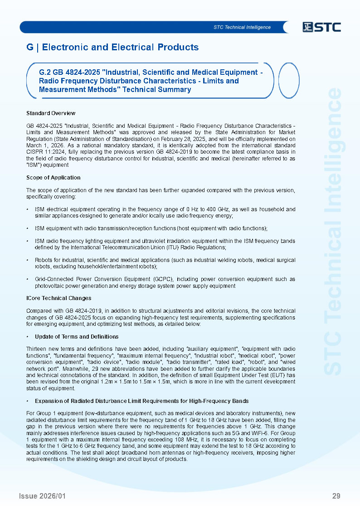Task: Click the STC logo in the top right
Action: point(322,27)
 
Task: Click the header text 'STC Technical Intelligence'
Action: point(242,27)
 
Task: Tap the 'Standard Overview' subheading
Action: point(51,113)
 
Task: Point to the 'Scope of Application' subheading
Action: point(54,177)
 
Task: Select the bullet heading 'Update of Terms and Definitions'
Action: point(77,336)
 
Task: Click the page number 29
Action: point(336,496)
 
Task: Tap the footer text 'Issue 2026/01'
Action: point(42,496)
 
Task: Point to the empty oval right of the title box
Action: point(288,81)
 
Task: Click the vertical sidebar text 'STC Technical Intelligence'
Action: point(334,231)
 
